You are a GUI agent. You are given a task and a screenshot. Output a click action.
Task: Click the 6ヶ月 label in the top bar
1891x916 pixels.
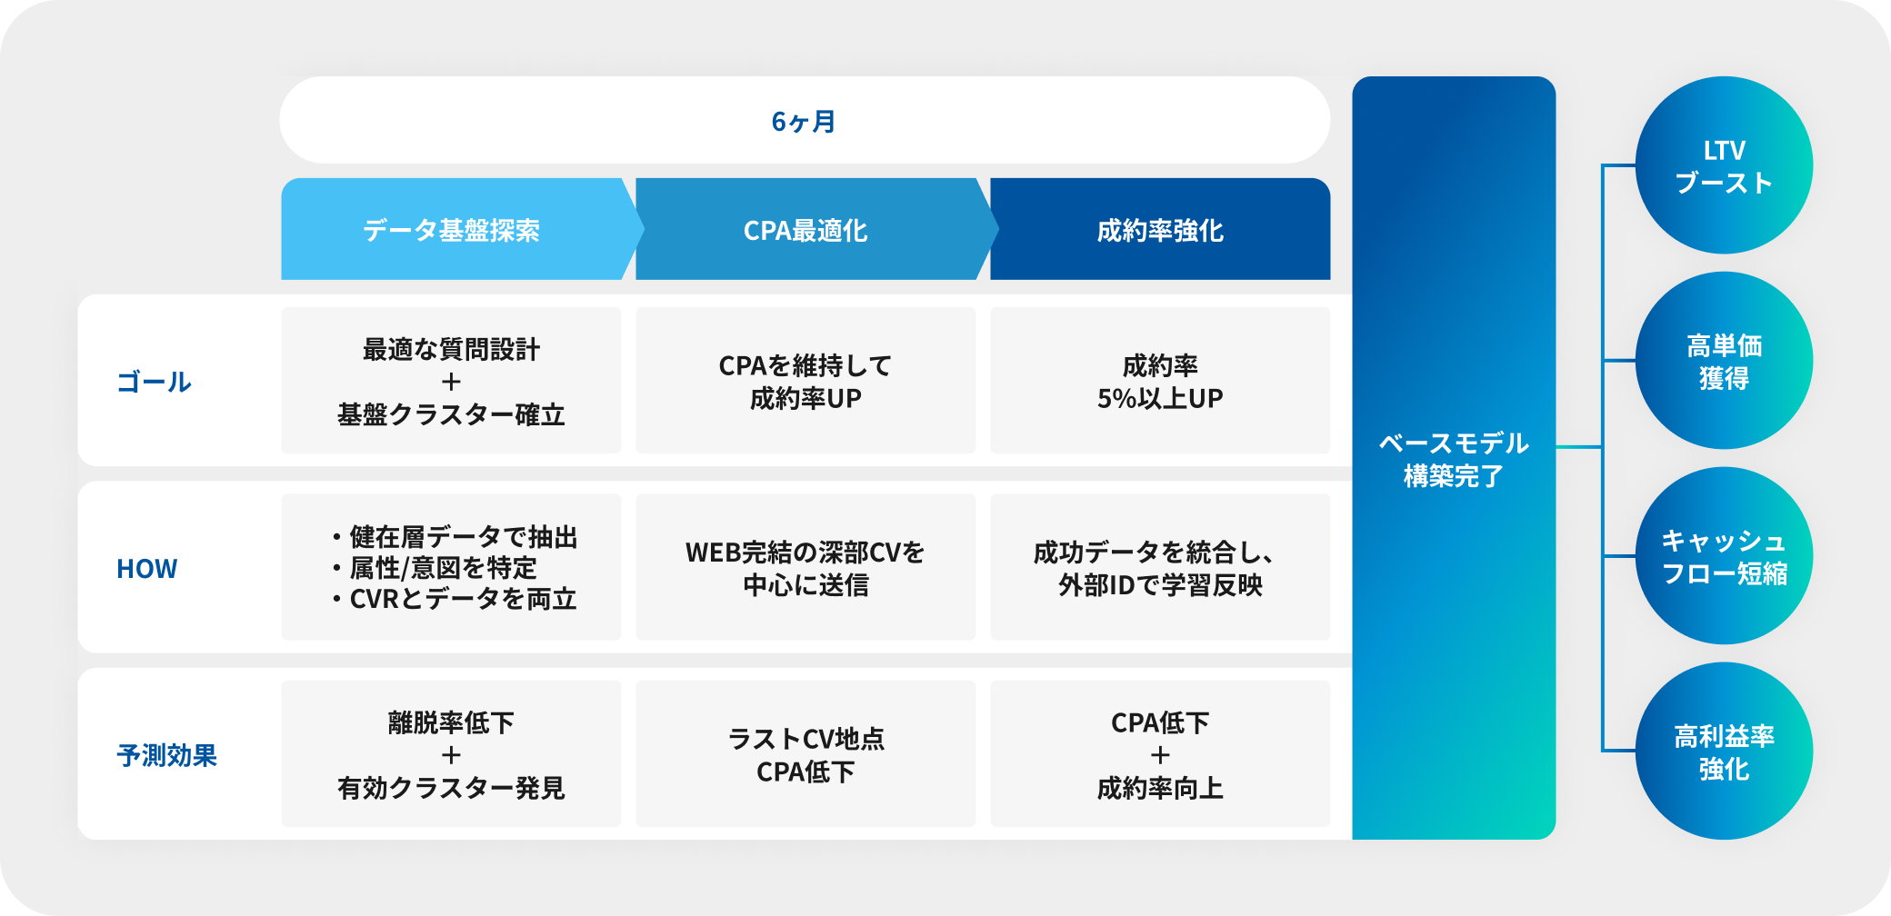(x=804, y=121)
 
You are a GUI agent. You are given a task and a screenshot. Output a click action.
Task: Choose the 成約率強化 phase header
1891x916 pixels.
(x=1160, y=229)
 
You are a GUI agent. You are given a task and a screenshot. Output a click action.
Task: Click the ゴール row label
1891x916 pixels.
(x=154, y=382)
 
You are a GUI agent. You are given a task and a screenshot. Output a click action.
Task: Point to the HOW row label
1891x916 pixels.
(x=146, y=569)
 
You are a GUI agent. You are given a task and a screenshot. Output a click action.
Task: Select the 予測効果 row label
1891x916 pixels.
(x=166, y=755)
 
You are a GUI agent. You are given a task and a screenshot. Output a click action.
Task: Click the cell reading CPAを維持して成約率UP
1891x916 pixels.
(x=805, y=381)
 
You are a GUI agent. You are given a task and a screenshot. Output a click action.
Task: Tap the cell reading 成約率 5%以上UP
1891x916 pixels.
(x=1160, y=381)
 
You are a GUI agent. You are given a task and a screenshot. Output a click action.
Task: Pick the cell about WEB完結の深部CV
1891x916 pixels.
(x=805, y=567)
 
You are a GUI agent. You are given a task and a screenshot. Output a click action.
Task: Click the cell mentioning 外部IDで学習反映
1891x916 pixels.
(x=1160, y=567)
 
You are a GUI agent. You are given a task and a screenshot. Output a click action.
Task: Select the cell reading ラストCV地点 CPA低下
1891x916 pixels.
(x=805, y=754)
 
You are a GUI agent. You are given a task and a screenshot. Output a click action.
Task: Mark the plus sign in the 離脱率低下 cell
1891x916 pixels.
(x=451, y=755)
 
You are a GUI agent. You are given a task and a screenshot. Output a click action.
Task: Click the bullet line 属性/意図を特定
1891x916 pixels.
(x=435, y=568)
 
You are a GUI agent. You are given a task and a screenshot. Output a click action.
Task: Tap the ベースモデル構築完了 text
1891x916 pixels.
(x=1454, y=459)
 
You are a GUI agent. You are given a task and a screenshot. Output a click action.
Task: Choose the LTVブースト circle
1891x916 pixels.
(x=1724, y=165)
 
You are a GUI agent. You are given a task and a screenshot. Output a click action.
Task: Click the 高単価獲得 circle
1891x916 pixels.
(x=1724, y=361)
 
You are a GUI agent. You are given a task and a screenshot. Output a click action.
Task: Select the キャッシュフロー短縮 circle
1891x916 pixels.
(x=1724, y=556)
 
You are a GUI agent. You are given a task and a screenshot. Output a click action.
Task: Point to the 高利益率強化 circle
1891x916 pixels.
(x=1724, y=752)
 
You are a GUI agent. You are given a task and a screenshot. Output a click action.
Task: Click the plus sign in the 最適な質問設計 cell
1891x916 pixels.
(x=451, y=382)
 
